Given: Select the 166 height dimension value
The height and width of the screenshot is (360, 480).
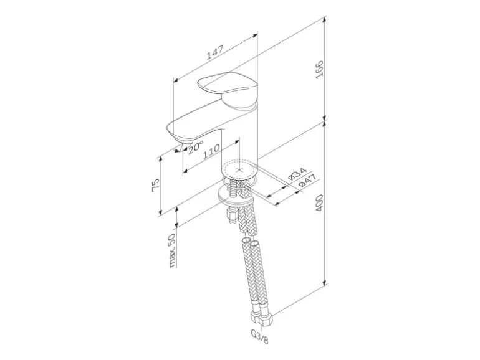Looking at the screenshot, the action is pyautogui.click(x=319, y=70).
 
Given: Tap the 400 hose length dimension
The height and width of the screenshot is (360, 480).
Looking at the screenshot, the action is pyautogui.click(x=319, y=203).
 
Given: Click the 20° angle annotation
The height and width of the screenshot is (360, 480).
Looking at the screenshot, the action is pyautogui.click(x=196, y=148).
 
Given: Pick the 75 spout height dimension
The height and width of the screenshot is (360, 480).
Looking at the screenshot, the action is pyautogui.click(x=156, y=185).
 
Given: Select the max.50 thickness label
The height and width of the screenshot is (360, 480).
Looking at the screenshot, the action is pyautogui.click(x=172, y=250).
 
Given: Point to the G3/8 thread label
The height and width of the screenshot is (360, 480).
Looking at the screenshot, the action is pyautogui.click(x=259, y=336).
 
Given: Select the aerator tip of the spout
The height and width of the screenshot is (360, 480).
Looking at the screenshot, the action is pyautogui.click(x=183, y=141).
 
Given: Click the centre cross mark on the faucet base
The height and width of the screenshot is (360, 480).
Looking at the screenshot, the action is pyautogui.click(x=239, y=170).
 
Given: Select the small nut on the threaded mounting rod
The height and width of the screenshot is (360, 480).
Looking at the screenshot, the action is pyautogui.click(x=231, y=214).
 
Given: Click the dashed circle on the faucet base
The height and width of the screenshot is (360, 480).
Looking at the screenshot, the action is pyautogui.click(x=239, y=170).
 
